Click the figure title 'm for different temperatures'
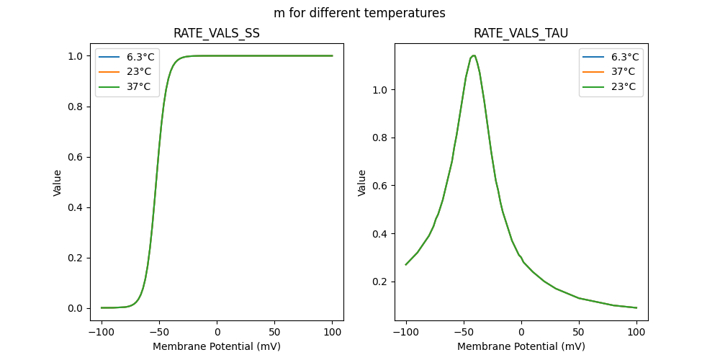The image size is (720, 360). pos(359,13)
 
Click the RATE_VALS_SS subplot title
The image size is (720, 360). pos(217,33)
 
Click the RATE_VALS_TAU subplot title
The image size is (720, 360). pos(521,33)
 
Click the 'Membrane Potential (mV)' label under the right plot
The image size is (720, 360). pos(521,346)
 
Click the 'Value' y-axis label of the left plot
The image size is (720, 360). pos(58,182)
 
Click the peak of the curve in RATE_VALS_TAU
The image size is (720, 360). pos(472,55)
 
